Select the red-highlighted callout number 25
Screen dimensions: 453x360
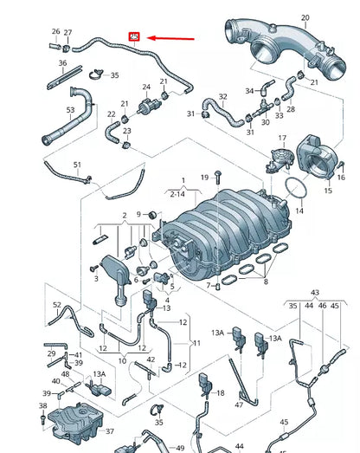(134, 36)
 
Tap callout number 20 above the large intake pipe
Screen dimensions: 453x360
(305, 17)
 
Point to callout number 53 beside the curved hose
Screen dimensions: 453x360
(71, 110)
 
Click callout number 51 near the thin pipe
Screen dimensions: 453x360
(77, 165)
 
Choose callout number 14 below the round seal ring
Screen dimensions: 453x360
(299, 210)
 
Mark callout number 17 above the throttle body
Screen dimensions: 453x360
(281, 139)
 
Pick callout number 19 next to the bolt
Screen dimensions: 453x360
(205, 177)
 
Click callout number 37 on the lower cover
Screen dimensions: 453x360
(110, 430)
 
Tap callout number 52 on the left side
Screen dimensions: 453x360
(57, 304)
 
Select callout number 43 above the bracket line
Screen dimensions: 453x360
(314, 293)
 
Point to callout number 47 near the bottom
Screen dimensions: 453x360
(239, 404)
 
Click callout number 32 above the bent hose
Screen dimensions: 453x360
(222, 97)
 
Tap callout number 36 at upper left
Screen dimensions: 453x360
(62, 63)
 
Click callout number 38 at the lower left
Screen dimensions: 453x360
(42, 405)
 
